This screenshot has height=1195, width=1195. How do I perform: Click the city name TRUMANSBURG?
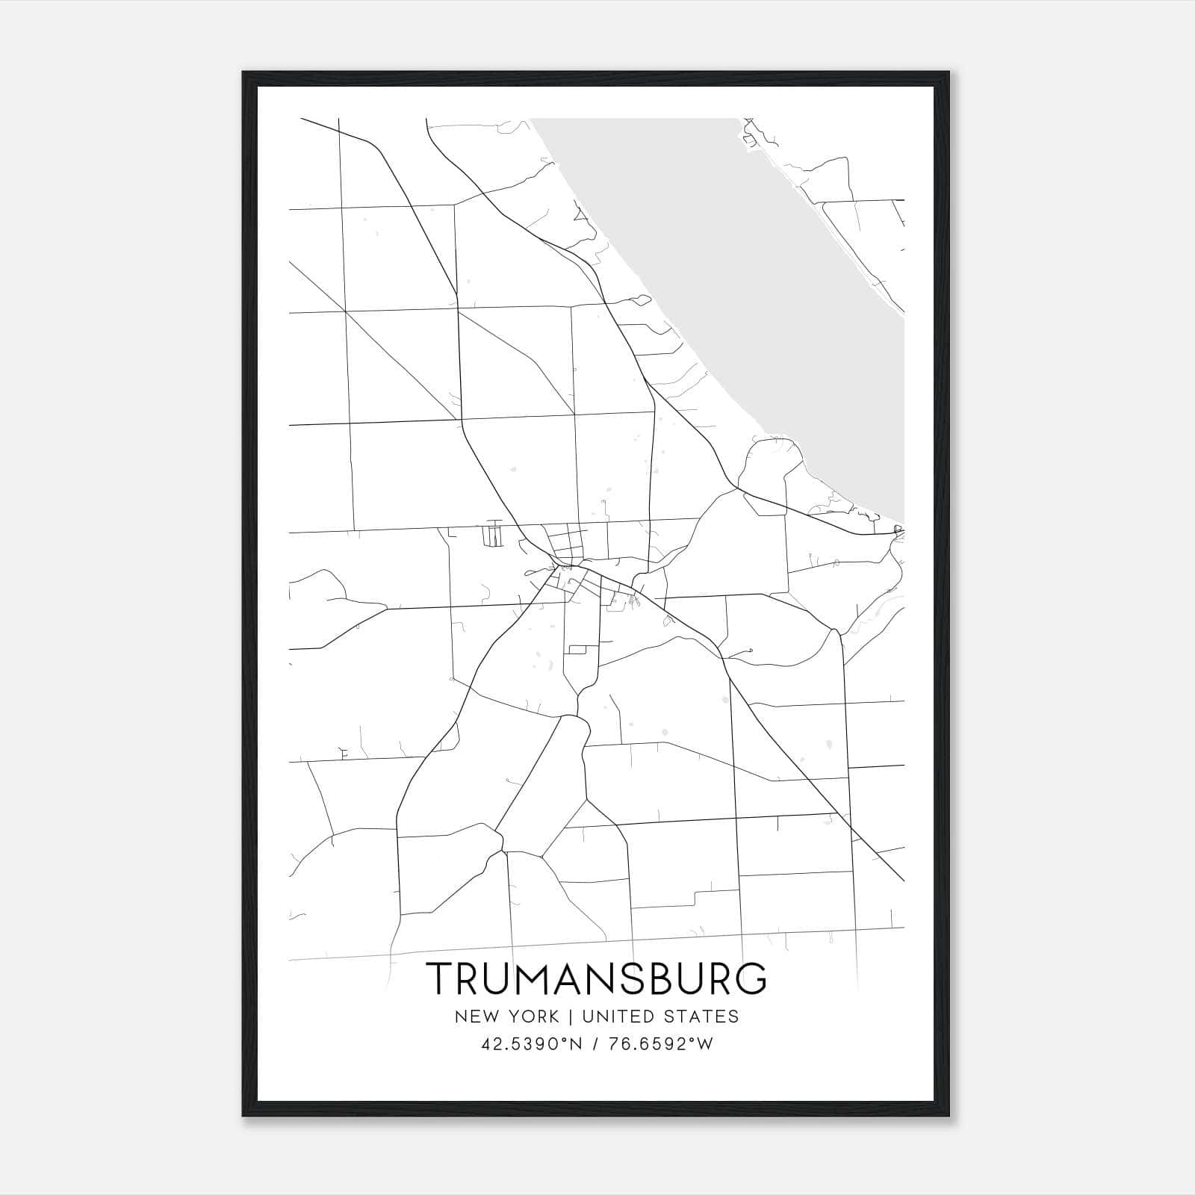596,979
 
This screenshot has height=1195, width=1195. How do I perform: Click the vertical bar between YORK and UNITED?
570,1016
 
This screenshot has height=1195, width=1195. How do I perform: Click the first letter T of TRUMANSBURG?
438,979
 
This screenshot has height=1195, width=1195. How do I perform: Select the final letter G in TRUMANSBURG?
751,979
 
